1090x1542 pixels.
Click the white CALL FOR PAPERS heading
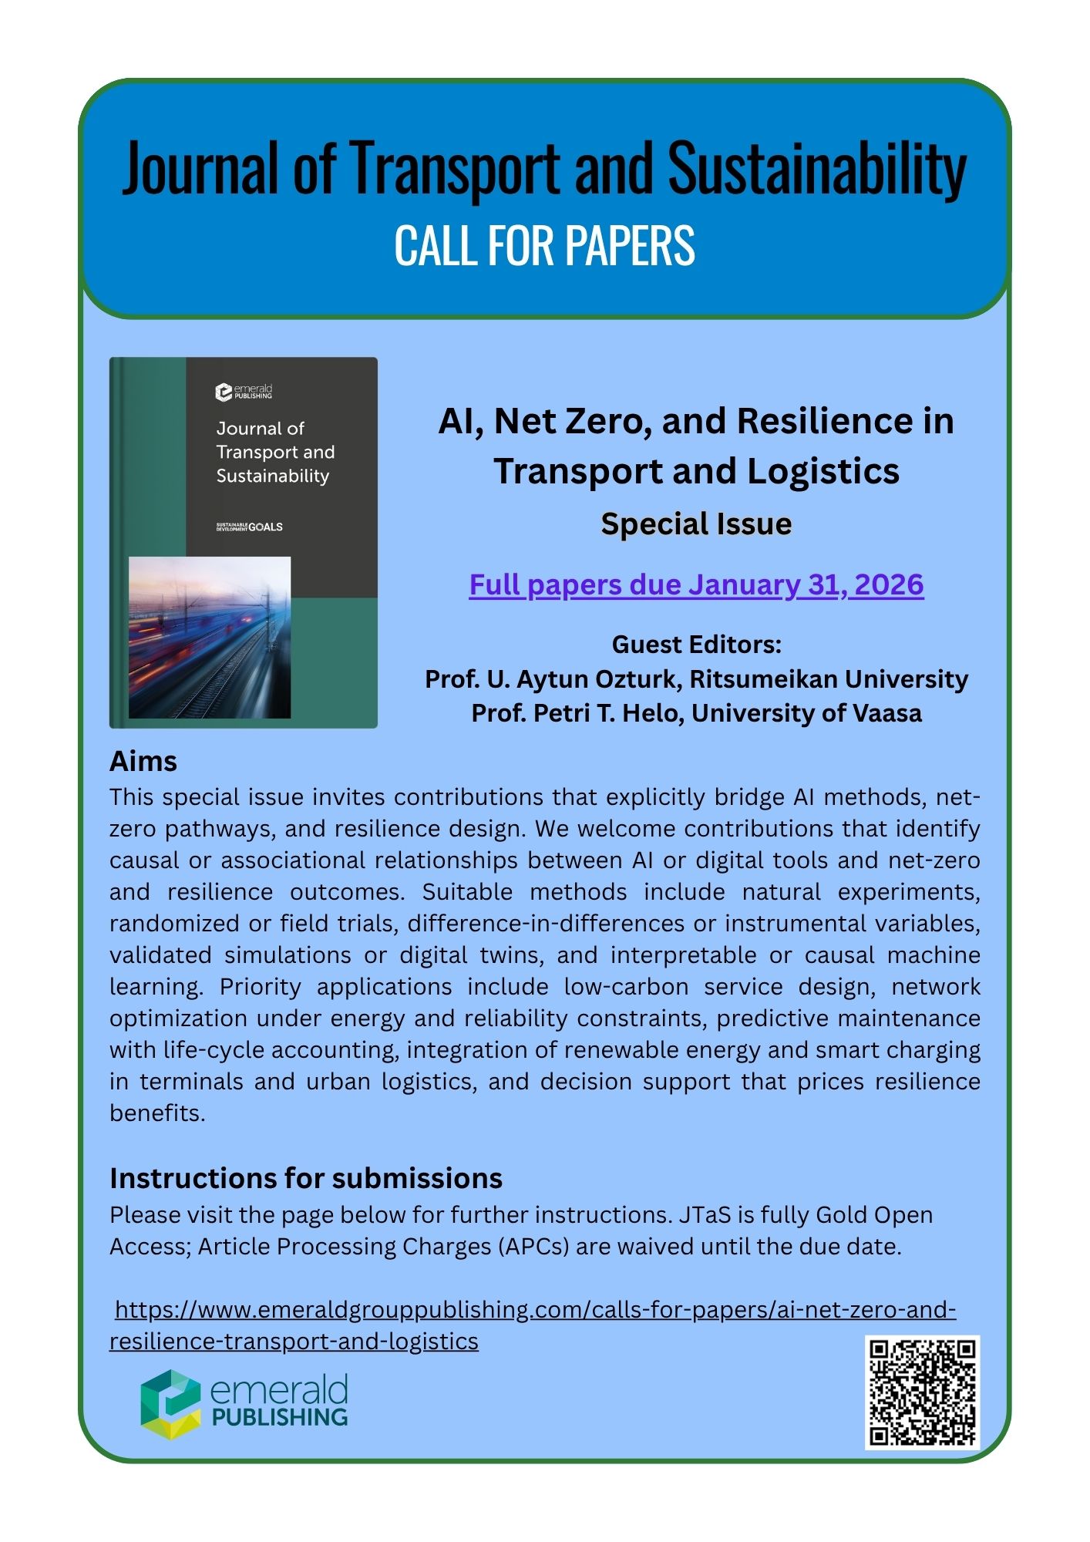[x=544, y=246]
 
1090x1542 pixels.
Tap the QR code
[x=922, y=1392]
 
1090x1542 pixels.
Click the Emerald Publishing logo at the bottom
[x=244, y=1404]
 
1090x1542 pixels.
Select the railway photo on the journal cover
[x=210, y=638]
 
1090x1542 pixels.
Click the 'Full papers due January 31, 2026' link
[x=696, y=585]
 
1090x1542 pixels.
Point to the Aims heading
[x=143, y=762]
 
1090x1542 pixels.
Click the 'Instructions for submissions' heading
[x=306, y=1179]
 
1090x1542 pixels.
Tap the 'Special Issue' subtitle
[x=696, y=524]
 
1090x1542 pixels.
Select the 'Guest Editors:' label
[x=696, y=645]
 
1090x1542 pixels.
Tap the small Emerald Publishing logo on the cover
[x=244, y=392]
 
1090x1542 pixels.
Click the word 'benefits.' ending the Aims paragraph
[x=157, y=1114]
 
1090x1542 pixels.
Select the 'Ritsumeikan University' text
[x=829, y=679]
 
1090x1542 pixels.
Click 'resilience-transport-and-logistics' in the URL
[x=294, y=1342]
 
